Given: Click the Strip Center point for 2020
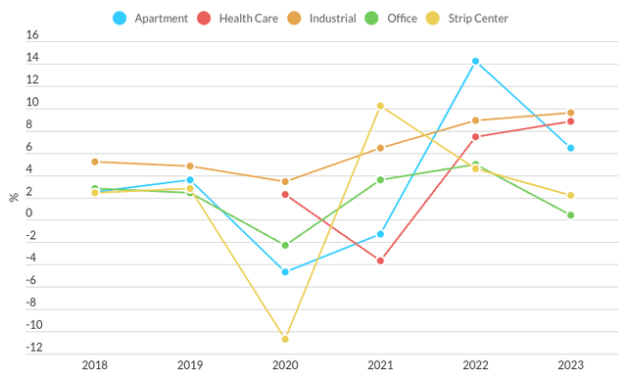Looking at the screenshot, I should pos(285,339).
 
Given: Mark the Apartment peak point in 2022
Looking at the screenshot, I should pos(476,62).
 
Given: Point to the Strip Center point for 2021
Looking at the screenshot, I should pos(380,106).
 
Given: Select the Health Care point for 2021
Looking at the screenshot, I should pos(380,260).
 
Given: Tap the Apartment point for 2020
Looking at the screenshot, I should pos(285,271).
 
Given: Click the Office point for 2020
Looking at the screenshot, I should pos(285,245).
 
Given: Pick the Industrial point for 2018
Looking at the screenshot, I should pos(95,162).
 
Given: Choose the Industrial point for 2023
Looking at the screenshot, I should pos(571,113).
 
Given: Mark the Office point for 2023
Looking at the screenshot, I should pos(571,215).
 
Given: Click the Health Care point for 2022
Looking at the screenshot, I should pos(476,137).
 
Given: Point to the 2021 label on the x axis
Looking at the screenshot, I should pos(380,365).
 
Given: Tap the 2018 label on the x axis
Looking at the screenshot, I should pos(95,365).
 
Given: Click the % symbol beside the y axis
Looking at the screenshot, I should pos(13,197).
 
